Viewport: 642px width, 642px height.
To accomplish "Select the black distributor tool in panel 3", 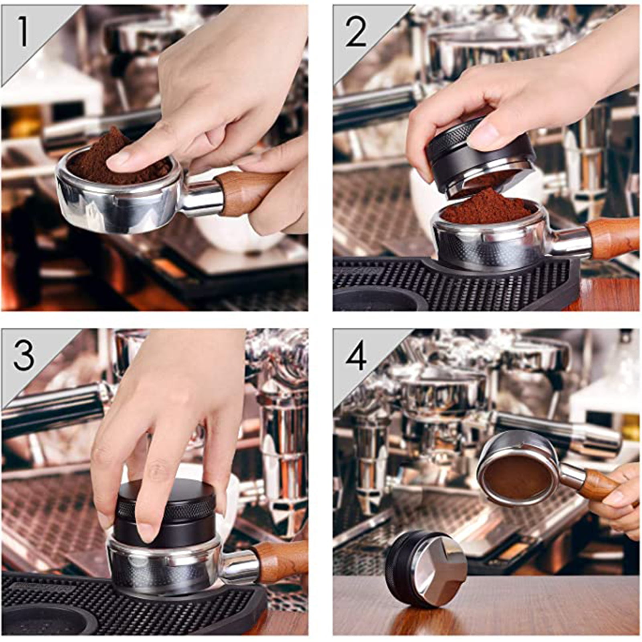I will [164, 517].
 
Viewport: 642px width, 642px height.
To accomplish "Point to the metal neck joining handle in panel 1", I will [198, 198].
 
